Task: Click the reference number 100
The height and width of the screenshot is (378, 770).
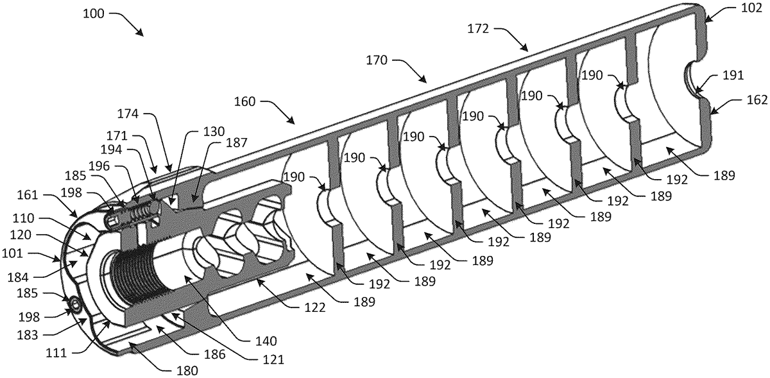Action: tap(94, 13)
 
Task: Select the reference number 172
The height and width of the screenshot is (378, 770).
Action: tap(478, 29)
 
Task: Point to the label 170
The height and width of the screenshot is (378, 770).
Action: tap(377, 60)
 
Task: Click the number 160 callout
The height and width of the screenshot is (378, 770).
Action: tap(244, 102)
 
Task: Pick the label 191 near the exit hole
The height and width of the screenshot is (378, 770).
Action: tap(733, 75)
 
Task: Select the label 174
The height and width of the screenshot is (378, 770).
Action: tap(128, 114)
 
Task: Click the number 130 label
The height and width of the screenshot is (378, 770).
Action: tap(214, 132)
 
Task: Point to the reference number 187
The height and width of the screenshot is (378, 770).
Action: tap(237, 142)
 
